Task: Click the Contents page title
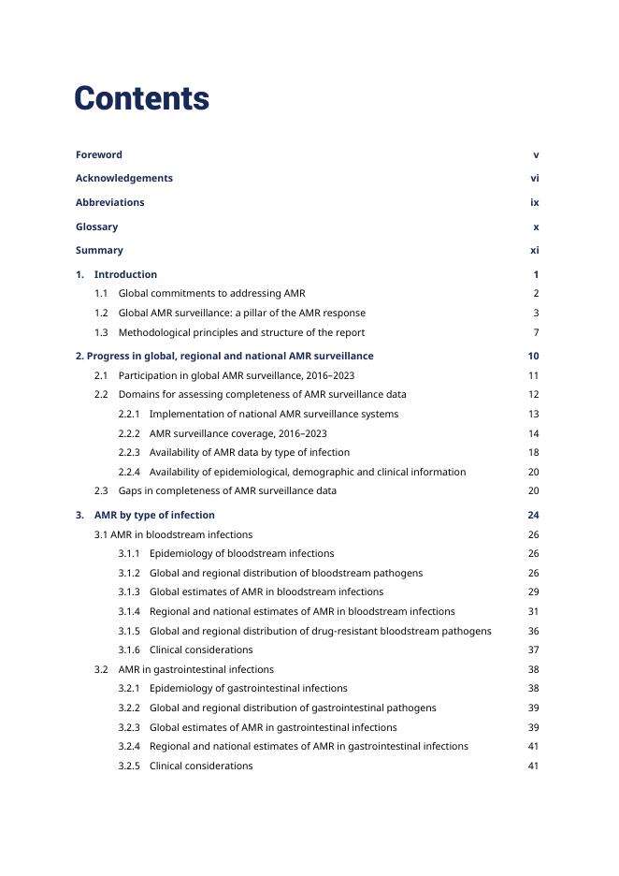pyautogui.click(x=141, y=99)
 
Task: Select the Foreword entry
pyautogui.click(x=99, y=155)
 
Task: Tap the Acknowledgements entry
pyautogui.click(x=124, y=179)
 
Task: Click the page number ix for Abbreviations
pyautogui.click(x=534, y=203)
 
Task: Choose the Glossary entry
pyautogui.click(x=97, y=227)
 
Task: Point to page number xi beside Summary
pyautogui.click(x=534, y=251)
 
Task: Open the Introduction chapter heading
pyautogui.click(x=125, y=275)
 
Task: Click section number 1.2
pyautogui.click(x=101, y=314)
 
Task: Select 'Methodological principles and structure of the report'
pyautogui.click(x=241, y=333)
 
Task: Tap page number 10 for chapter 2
pyautogui.click(x=533, y=357)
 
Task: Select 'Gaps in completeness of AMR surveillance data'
pyautogui.click(x=227, y=491)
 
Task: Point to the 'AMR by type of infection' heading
pyautogui.click(x=154, y=516)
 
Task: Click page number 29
pyautogui.click(x=533, y=592)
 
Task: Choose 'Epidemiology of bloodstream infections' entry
pyautogui.click(x=241, y=554)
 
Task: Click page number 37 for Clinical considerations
pyautogui.click(x=533, y=650)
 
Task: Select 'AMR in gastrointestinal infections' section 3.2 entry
pyautogui.click(x=195, y=670)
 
